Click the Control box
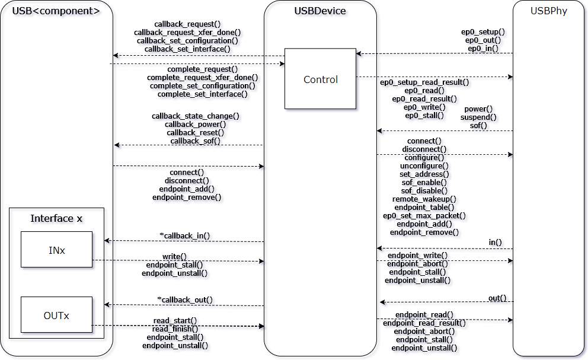tap(320, 79)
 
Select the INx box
tap(56, 250)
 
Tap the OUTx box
tap(56, 315)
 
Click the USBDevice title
tap(320, 11)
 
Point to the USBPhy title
tap(549, 11)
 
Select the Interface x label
tap(56, 218)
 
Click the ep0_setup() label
tap(483, 32)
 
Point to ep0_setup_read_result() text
tap(424, 82)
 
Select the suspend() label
tap(478, 117)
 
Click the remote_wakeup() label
tap(424, 199)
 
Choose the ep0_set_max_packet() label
tap(424, 216)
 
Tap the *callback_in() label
tap(185, 236)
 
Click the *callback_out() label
tap(185, 300)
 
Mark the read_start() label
tap(175, 321)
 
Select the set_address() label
tap(424, 174)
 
